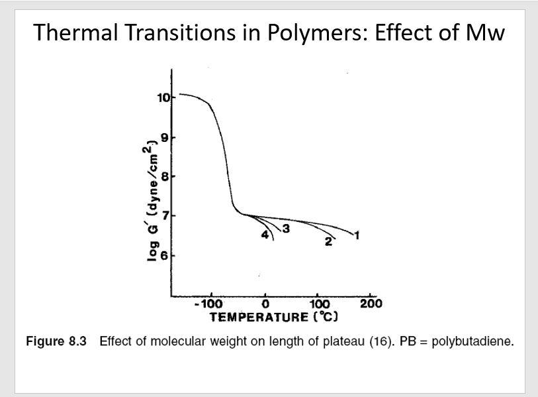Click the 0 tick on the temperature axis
point(265,304)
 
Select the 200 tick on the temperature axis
point(372,304)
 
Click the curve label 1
point(357,234)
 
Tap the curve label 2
point(327,242)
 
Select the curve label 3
point(287,229)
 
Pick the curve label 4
point(265,235)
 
